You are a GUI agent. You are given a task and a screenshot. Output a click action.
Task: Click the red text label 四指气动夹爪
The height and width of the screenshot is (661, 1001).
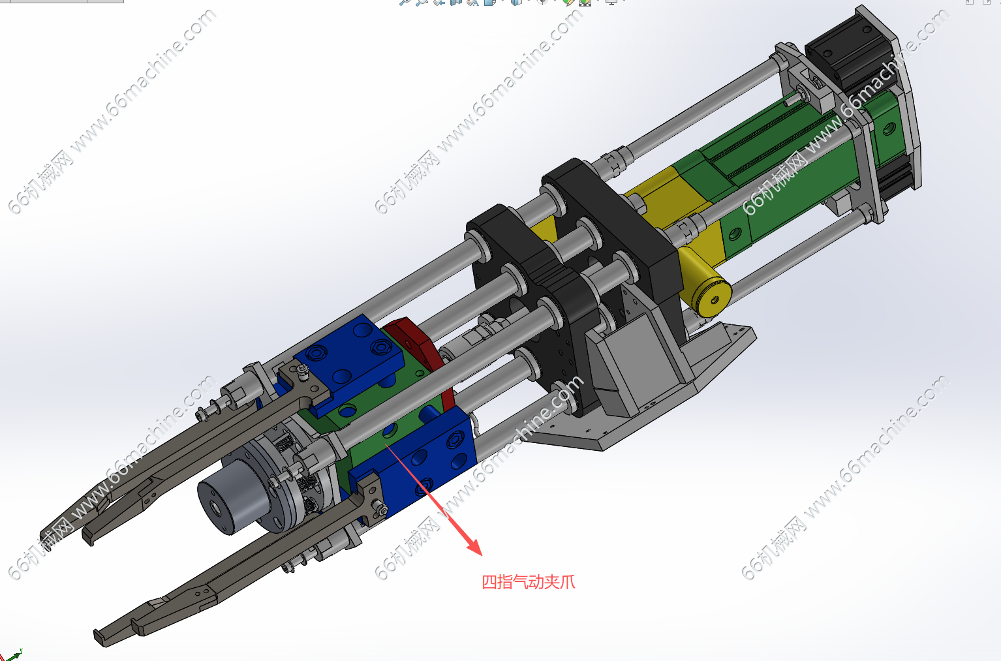[x=528, y=582]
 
